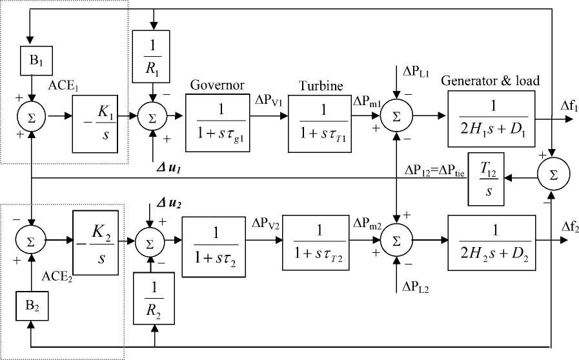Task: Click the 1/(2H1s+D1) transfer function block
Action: (x=491, y=118)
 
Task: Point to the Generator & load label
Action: (x=491, y=81)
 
